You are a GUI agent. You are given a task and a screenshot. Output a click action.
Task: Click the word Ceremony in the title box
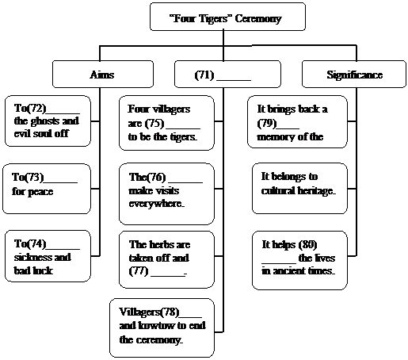(258, 19)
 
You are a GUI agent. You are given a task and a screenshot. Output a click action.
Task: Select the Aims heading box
(103, 75)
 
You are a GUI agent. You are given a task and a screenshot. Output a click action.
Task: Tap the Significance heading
(354, 75)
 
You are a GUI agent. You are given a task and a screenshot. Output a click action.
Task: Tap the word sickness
(31, 257)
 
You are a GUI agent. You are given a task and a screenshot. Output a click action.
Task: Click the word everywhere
(156, 204)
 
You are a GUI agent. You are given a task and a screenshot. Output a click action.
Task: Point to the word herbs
(160, 244)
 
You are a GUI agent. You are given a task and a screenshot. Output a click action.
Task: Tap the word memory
(274, 137)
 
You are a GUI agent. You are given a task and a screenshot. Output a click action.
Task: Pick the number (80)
(307, 245)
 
